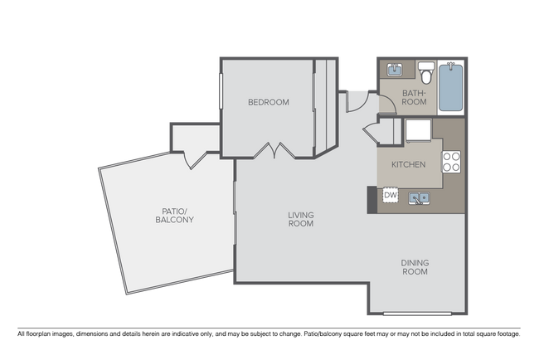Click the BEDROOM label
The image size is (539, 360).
269,103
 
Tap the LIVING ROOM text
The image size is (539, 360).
300,219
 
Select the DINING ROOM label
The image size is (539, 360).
415,267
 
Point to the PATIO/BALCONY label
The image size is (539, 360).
174,215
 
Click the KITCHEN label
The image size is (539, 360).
408,164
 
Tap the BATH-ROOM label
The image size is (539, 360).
414,97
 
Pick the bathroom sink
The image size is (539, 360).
393,70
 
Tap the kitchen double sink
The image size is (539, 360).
418,197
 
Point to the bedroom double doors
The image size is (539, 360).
274,151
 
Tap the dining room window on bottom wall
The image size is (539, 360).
415,314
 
